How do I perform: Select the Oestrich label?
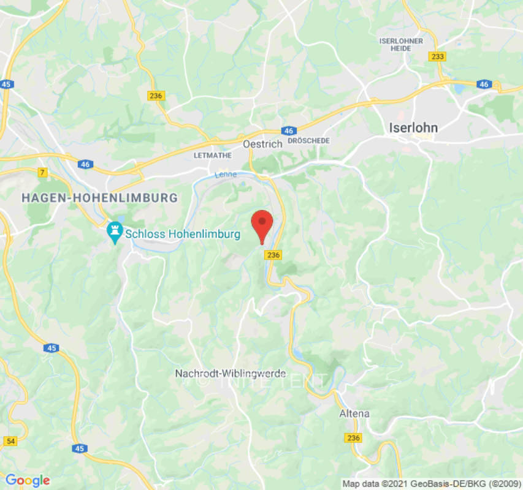(262, 144)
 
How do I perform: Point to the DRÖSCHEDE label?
(308, 141)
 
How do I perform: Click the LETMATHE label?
(213, 156)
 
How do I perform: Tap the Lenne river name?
(225, 175)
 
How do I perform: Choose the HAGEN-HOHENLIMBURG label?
(99, 198)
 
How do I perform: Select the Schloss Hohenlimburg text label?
(174, 233)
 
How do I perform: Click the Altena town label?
(354, 413)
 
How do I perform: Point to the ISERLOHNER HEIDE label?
(402, 45)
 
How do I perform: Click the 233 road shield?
(437, 56)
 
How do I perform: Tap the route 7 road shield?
(42, 173)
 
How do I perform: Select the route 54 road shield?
(10, 440)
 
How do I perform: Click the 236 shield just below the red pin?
(273, 255)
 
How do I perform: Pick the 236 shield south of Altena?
(353, 438)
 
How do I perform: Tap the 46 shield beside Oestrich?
(289, 131)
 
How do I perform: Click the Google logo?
(27, 481)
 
